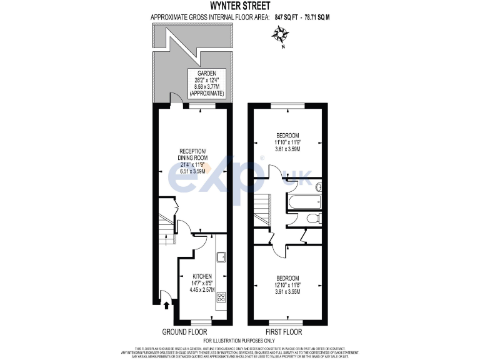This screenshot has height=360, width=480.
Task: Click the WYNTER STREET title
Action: coord(239,6)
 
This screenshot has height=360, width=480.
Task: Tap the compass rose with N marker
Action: coord(278,38)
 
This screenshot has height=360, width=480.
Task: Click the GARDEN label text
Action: coord(206,73)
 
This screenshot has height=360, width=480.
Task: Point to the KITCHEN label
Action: coord(202,276)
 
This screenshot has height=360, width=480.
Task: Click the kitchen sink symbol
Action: coord(221,257)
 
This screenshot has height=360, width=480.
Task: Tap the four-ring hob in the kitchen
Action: coord(221,298)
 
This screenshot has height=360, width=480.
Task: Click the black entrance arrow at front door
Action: coord(166,306)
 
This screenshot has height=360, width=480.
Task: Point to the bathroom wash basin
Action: coord(318,186)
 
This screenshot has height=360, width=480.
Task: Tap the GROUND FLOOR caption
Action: coord(185,331)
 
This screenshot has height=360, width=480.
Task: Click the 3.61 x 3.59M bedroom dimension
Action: coord(287,149)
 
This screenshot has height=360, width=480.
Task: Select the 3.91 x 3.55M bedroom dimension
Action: coord(287,291)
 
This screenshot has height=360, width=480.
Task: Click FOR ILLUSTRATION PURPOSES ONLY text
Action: coord(239,341)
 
